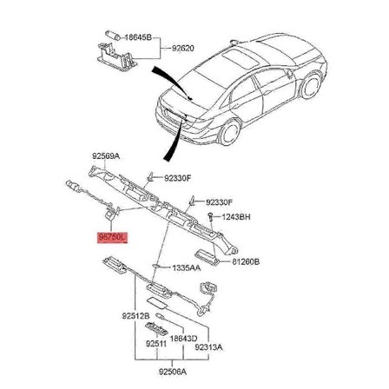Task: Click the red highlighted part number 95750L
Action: (x=112, y=235)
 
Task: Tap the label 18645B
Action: (x=139, y=38)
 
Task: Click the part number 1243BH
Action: (x=236, y=216)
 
